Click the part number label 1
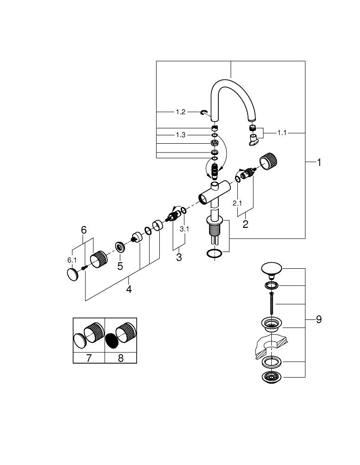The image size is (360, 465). coord(319,162)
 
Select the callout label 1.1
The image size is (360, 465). coord(282,133)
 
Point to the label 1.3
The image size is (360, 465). coord(181,135)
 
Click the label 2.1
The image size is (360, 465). coord(237,203)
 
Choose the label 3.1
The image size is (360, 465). coord(184,229)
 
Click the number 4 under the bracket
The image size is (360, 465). coord(129,289)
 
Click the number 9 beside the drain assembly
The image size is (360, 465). coord(319,319)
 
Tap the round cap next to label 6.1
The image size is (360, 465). coord(72,275)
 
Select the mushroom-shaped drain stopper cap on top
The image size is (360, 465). coord(272,268)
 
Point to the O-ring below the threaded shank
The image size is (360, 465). coord(213,253)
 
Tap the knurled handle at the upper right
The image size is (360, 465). coord(269,161)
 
